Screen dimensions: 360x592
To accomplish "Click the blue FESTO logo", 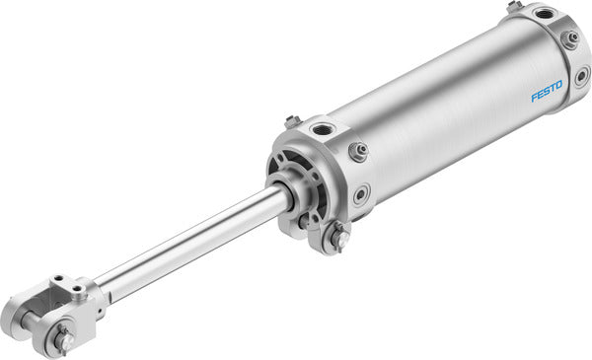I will [546, 91].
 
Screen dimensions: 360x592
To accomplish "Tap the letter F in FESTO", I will [535, 98].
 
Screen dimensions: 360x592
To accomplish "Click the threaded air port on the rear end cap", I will [545, 14].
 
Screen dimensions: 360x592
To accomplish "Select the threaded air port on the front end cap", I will [321, 128].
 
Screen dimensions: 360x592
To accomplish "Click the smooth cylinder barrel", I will [444, 108].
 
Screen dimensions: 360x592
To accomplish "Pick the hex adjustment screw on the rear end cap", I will [569, 39].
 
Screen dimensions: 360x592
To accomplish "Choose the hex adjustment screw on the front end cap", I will [357, 151].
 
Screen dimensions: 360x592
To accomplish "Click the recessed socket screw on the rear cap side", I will [582, 76].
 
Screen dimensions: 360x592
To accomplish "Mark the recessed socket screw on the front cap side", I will [362, 193].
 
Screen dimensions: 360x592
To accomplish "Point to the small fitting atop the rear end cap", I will [514, 7].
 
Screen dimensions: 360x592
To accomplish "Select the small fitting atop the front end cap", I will [292, 121].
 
